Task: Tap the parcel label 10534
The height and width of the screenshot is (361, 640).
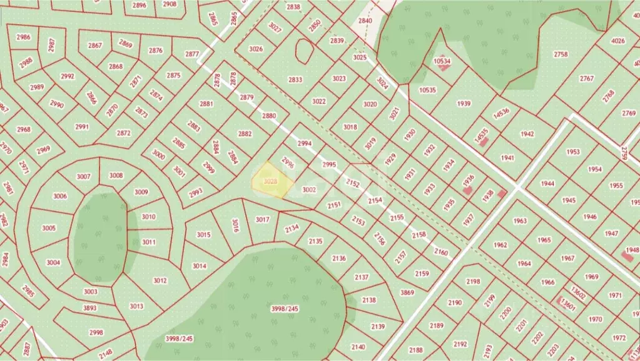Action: [442, 61]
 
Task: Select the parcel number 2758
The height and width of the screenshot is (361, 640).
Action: [561, 54]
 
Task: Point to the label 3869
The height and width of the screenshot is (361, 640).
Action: [407, 292]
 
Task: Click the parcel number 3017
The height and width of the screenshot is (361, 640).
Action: [263, 220]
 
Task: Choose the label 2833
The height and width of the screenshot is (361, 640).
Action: [295, 79]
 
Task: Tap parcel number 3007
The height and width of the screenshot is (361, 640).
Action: [84, 176]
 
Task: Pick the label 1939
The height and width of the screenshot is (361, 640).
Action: [464, 104]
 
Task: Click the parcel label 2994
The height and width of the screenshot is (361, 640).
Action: [304, 143]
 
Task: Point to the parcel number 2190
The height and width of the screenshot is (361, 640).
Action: [455, 303]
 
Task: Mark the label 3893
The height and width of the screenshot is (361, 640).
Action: [90, 308]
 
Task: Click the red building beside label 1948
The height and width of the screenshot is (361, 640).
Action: [626, 256]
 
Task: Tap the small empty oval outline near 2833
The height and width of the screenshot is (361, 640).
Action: [304, 51]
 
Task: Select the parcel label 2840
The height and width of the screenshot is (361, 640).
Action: [365, 21]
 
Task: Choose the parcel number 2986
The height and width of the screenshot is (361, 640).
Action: [23, 37]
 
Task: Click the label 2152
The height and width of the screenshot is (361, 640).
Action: [353, 184]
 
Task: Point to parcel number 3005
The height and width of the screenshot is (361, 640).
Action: [49, 228]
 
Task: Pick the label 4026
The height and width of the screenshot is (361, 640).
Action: [617, 41]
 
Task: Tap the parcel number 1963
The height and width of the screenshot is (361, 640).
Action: [519, 221]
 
